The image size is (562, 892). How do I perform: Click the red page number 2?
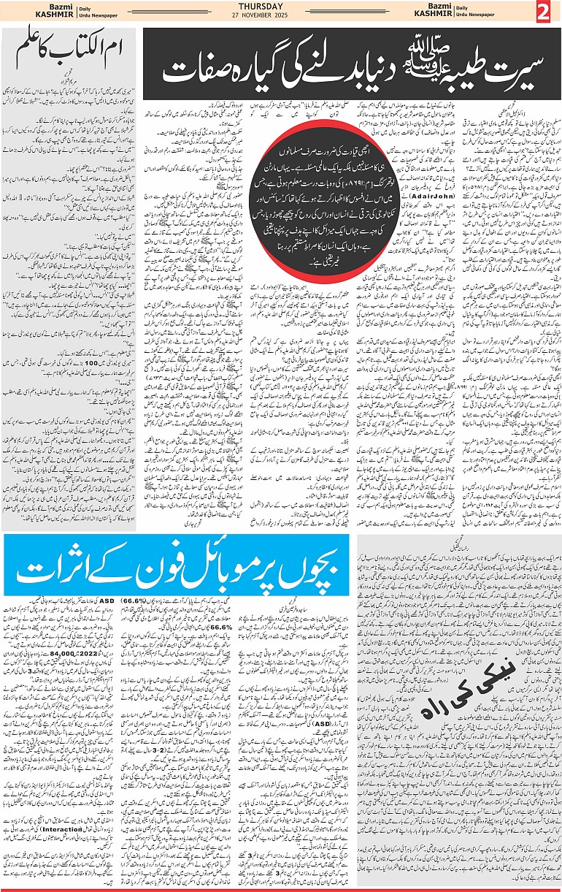pyautogui.click(x=545, y=12)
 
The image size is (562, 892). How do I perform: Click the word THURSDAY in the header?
pyautogui.click(x=281, y=7)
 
